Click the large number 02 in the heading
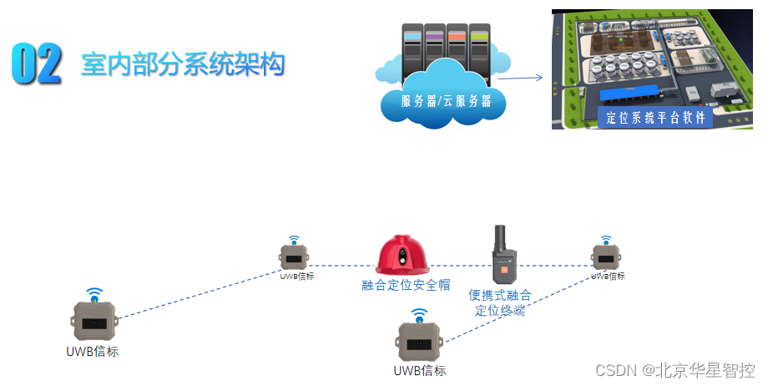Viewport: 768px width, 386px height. click(38, 64)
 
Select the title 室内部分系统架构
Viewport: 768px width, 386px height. click(183, 64)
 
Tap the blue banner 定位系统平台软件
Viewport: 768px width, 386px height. click(654, 118)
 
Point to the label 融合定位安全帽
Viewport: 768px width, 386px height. click(406, 285)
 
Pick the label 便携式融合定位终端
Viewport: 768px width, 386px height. click(500, 302)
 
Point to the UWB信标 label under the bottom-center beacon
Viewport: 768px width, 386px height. click(420, 370)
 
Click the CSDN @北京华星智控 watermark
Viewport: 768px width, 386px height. click(675, 369)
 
